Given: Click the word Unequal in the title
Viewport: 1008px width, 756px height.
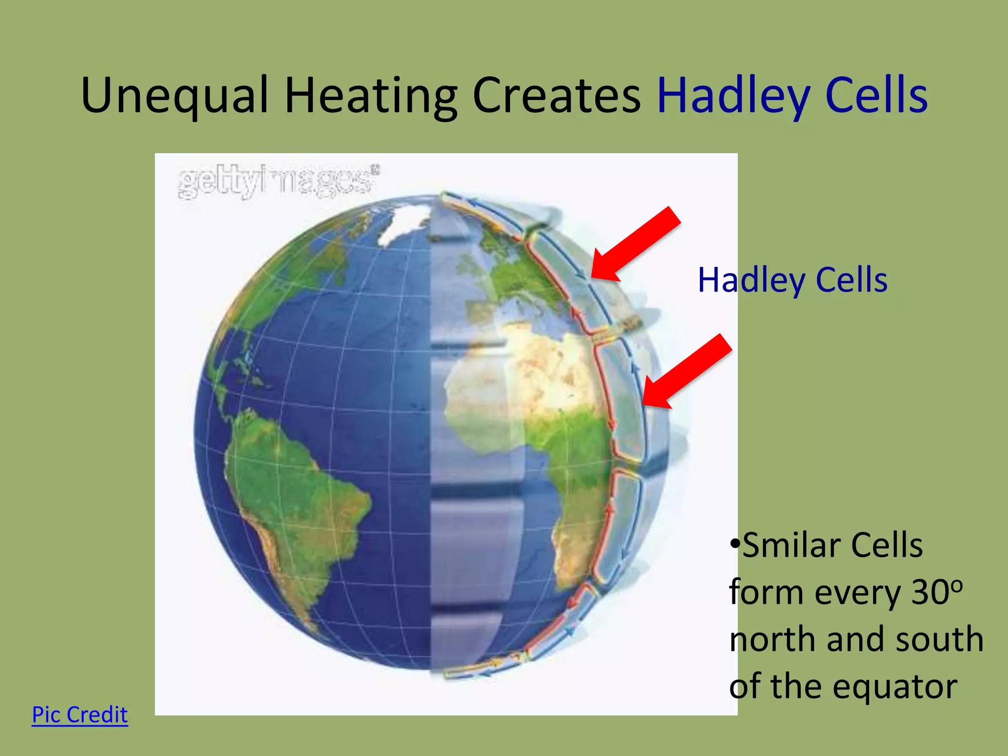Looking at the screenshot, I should coord(175,96).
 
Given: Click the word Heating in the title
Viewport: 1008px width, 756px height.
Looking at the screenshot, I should coord(371,96).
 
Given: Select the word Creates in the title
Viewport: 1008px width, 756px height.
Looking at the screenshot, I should coord(556,96).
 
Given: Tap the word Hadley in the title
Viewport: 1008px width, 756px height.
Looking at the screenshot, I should coord(733,96).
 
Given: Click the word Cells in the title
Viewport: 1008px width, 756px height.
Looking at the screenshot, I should coord(876,96).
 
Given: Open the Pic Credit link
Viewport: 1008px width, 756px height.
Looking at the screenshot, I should coord(80,715).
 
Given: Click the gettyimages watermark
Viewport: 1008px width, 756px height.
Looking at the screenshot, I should coord(278,182).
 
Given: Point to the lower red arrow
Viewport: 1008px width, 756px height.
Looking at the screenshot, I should coord(687,372).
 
